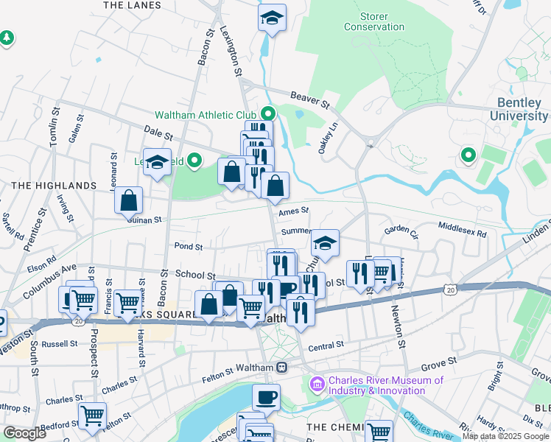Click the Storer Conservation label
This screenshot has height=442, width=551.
coord(373,21)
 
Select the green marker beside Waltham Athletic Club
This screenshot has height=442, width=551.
coord(267,115)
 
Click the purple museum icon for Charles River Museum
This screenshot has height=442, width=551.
coord(317,383)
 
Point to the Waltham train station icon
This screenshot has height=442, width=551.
coord(281,368)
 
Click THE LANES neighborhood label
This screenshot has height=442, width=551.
coord(132,5)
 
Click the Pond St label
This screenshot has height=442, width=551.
coord(188,246)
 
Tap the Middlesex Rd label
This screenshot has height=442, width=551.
coord(462,229)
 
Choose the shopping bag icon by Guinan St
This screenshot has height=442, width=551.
coord(128,199)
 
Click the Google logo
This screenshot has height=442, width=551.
coord(24,433)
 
